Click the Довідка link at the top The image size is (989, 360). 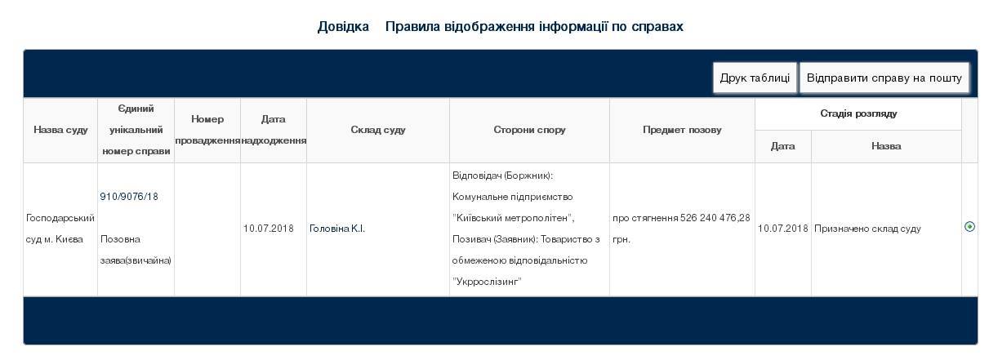coord(343,26)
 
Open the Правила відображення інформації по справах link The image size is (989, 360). coord(534,26)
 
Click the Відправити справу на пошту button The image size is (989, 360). coord(884,78)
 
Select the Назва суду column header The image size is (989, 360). coord(60,130)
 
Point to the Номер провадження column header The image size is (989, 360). coord(207,130)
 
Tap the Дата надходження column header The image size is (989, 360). coord(274,130)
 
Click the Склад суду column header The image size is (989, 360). coord(378,130)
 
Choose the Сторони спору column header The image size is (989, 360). coord(529,130)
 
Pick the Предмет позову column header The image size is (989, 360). coord(682,130)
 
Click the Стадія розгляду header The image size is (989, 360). coord(858,113)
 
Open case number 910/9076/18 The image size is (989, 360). coord(129,196)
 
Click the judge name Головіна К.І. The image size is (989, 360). coord(336,229)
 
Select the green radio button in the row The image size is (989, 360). coord(969,227)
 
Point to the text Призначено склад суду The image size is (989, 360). coord(867,229)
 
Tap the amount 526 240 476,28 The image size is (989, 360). coord(715,218)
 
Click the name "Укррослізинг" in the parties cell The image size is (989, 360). coord(487,282)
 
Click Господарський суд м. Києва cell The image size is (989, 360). coord(60,229)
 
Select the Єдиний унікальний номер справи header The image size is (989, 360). coord(136,130)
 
